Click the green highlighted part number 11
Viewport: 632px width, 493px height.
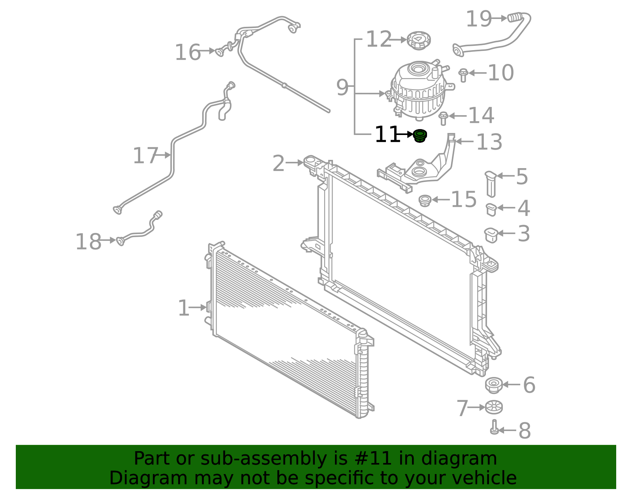coord(420,136)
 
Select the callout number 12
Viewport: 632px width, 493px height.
coord(379,39)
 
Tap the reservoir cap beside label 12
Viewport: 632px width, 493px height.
coord(419,40)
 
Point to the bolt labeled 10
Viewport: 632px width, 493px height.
coord(463,75)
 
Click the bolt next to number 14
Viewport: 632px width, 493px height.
coord(443,118)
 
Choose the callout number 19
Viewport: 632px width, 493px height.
coord(479,19)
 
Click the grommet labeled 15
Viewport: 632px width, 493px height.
coord(425,201)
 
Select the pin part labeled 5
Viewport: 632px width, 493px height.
coord(491,184)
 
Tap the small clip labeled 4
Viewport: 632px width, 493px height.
coord(491,210)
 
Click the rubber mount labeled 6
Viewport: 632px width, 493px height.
coord(494,385)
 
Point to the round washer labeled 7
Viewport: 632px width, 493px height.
coord(494,407)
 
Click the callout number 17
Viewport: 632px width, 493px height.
coord(145,156)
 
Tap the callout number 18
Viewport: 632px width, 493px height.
coord(88,242)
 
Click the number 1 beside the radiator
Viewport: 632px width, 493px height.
coord(184,308)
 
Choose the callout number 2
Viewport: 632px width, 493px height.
coord(278,163)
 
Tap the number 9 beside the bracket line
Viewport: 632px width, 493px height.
coord(342,87)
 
